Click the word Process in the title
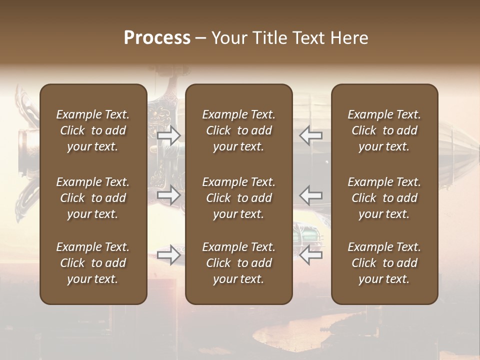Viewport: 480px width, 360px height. click(157, 38)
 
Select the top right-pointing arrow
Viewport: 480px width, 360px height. click(169, 135)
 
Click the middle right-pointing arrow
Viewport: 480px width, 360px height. click(169, 195)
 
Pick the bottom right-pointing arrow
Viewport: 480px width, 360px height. click(169, 255)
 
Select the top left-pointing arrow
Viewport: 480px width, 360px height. click(311, 135)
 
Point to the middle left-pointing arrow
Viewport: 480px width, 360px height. click(311, 195)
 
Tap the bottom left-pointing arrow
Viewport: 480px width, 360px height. click(311, 255)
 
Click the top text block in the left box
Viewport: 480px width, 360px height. click(93, 130)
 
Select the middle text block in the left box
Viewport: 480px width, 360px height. click(93, 198)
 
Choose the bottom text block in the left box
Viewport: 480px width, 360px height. click(93, 263)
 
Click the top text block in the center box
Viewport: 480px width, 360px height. click(239, 130)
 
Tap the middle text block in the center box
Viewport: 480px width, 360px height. click(239, 198)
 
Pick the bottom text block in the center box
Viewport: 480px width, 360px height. click(239, 263)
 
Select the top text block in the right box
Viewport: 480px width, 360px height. click(384, 130)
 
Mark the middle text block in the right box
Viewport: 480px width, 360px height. click(384, 198)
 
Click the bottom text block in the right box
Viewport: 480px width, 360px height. click(384, 263)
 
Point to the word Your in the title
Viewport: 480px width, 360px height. click(228, 38)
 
